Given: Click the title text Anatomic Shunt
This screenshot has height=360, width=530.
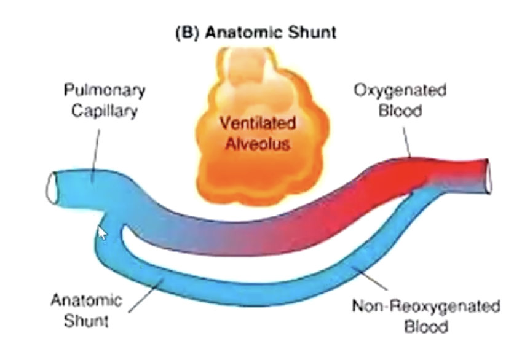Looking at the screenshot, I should point(271,33).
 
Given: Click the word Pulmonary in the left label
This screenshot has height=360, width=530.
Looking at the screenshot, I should point(105,91).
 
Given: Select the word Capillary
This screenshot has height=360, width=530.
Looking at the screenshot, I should point(105,112).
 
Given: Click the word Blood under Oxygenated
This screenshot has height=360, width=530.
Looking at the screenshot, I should point(400,111).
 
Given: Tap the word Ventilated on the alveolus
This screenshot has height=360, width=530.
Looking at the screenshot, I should point(258,123).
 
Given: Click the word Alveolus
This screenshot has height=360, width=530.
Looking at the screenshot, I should point(258,145).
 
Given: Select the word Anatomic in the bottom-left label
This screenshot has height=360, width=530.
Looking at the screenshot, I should point(86,302).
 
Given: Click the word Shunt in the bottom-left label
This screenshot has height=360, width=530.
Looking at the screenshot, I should point(86,321).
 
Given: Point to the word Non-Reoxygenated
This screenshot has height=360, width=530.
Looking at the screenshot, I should point(425,305).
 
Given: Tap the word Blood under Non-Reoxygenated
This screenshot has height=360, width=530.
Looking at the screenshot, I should point(425,326).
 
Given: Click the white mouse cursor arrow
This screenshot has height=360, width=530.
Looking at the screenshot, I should point(102,233).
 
